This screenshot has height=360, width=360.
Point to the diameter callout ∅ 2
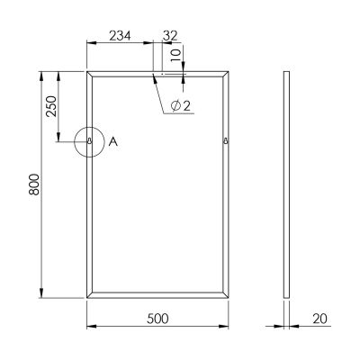(180, 106)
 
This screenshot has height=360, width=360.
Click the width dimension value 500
(159, 318)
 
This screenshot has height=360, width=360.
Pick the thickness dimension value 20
(319, 318)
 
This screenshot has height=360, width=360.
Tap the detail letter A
(112, 141)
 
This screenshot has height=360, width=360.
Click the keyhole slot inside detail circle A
(91, 141)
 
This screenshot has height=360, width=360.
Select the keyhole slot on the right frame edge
(225, 141)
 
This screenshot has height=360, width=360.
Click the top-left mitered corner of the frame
(89, 72)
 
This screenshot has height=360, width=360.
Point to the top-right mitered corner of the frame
(229, 72)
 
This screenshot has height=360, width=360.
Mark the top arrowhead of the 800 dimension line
(42, 74)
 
